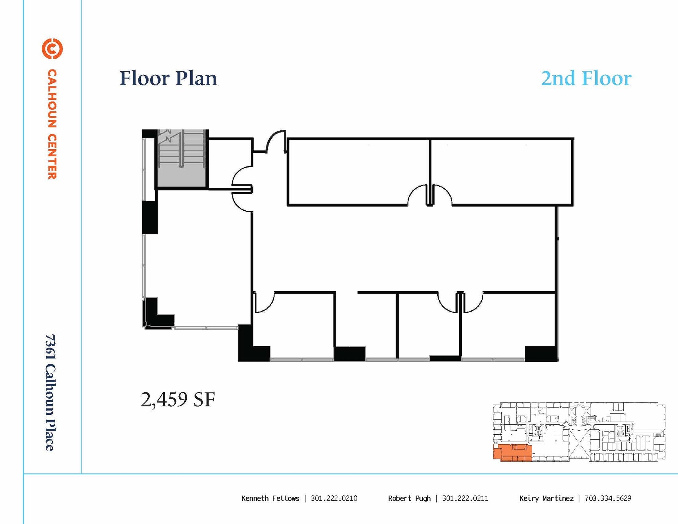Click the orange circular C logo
(52, 49)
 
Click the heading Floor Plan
(168, 78)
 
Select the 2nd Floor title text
(586, 78)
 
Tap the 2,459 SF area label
(178, 400)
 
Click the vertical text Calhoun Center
(52, 124)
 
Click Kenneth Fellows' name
(270, 499)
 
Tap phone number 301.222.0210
(334, 499)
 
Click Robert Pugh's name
(409, 499)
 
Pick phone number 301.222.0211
(465, 499)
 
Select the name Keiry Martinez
(546, 499)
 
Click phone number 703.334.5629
(608, 499)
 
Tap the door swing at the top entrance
(275, 141)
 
